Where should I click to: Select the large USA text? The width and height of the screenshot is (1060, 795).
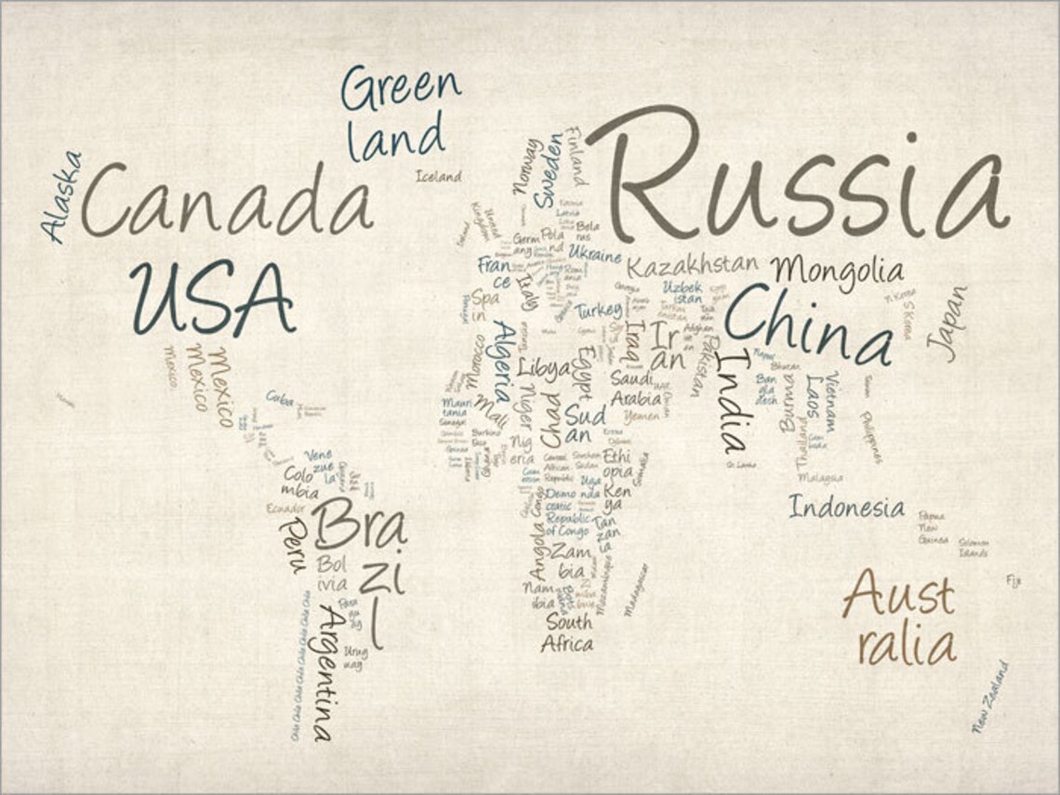[213, 298]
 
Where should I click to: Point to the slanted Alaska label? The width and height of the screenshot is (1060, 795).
[61, 197]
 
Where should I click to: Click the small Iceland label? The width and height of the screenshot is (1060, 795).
[438, 177]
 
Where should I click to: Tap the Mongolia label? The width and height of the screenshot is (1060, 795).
[836, 271]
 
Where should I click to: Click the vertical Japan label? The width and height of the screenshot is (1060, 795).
[947, 323]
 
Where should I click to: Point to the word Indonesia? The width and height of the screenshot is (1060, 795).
[846, 508]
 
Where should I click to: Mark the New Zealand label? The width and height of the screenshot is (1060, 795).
[989, 696]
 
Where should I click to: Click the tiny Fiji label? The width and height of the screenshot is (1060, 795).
[1013, 581]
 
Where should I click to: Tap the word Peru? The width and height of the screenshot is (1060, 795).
[292, 545]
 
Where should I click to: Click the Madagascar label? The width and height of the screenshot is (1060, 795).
[636, 589]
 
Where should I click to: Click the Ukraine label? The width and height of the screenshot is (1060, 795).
[595, 253]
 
